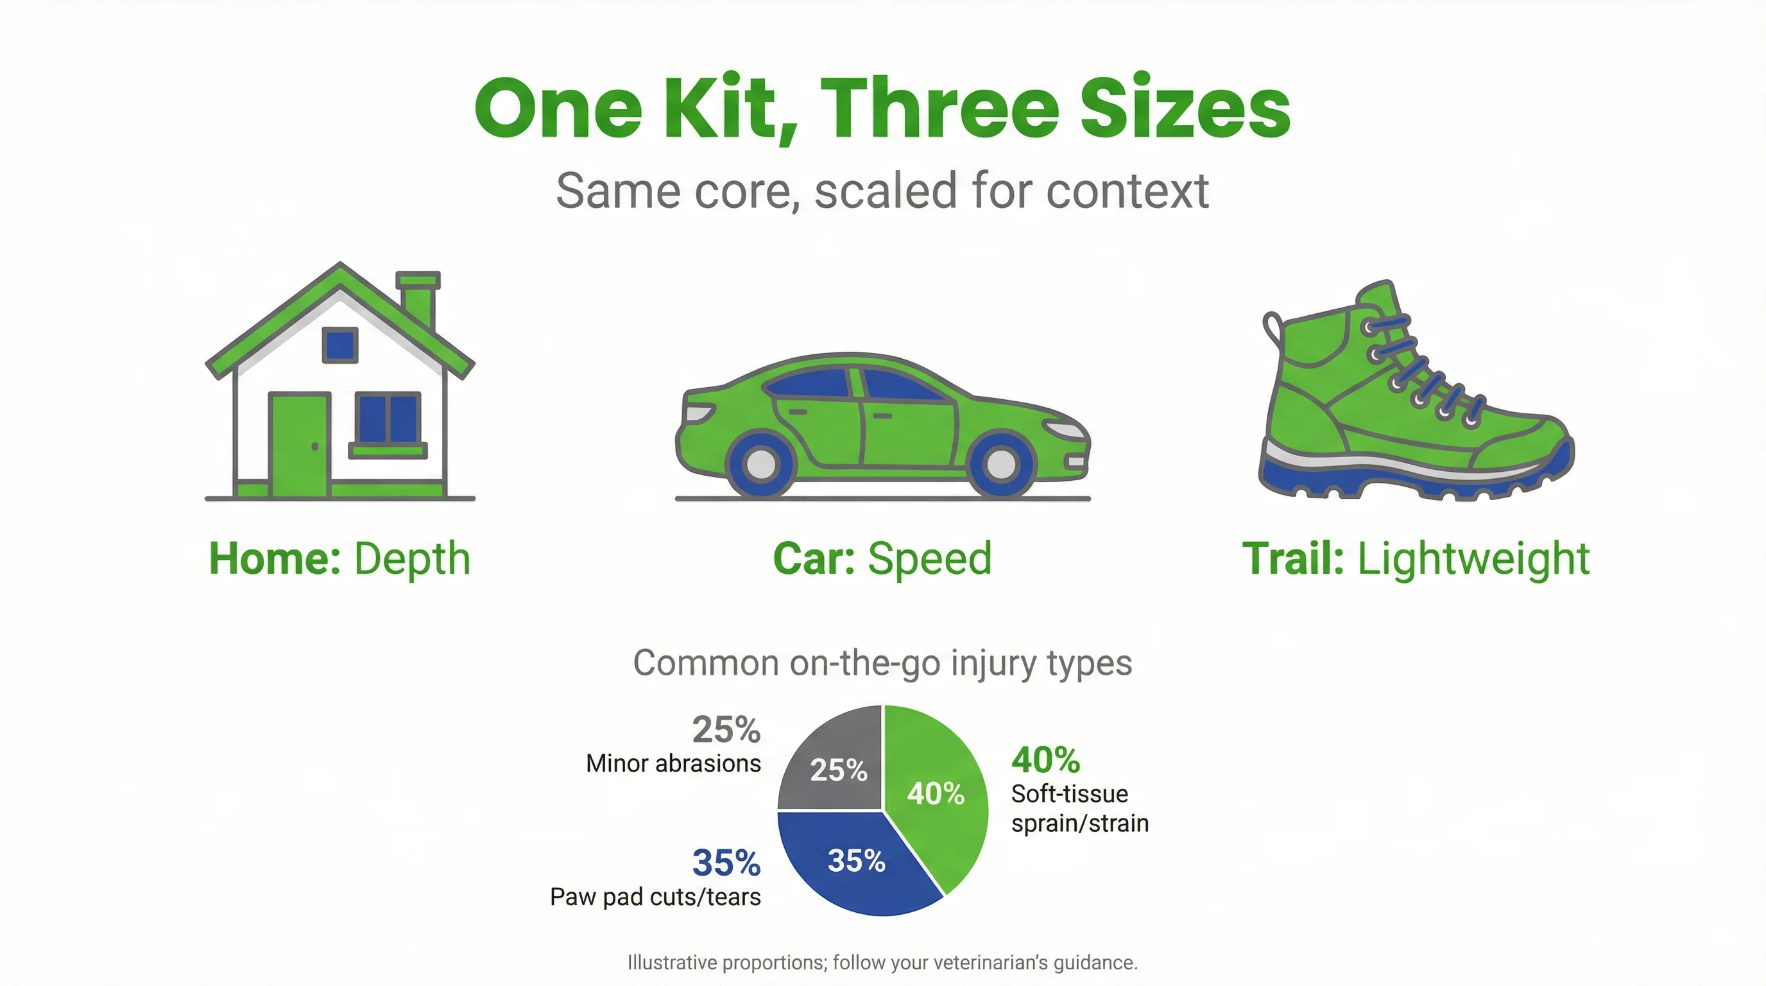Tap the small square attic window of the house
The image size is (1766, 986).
tap(340, 345)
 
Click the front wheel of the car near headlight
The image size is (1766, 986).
tap(1001, 464)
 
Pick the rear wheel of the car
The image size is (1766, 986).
tap(761, 464)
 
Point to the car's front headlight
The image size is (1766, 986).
tap(1066, 431)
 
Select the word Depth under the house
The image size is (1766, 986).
tap(412, 559)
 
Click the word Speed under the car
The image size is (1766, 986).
tap(930, 559)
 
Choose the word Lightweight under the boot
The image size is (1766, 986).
tap(1473, 559)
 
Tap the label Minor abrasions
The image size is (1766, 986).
tap(673, 763)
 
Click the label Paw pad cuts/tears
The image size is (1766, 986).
tap(655, 897)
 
